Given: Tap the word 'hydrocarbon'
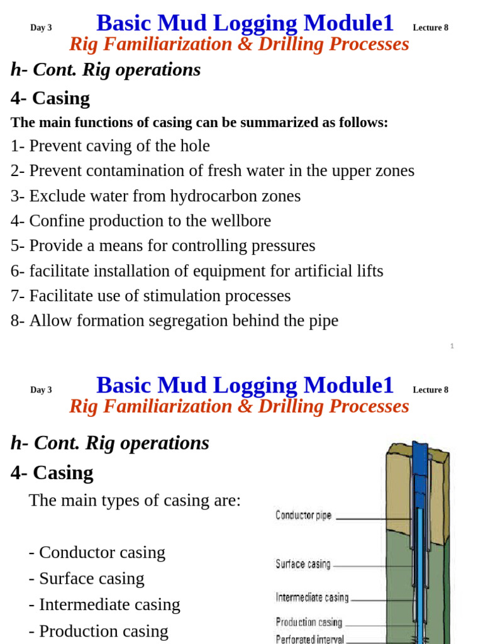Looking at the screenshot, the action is (x=213, y=196).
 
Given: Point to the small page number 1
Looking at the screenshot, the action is (x=452, y=346).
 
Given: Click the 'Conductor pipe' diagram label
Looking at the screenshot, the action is (x=304, y=516).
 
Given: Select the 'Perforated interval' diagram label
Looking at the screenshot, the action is (x=310, y=639).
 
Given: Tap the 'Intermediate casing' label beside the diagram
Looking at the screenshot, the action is (x=312, y=597).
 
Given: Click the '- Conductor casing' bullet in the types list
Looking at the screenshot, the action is (x=97, y=552).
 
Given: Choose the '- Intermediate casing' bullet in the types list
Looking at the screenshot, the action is (x=104, y=604).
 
